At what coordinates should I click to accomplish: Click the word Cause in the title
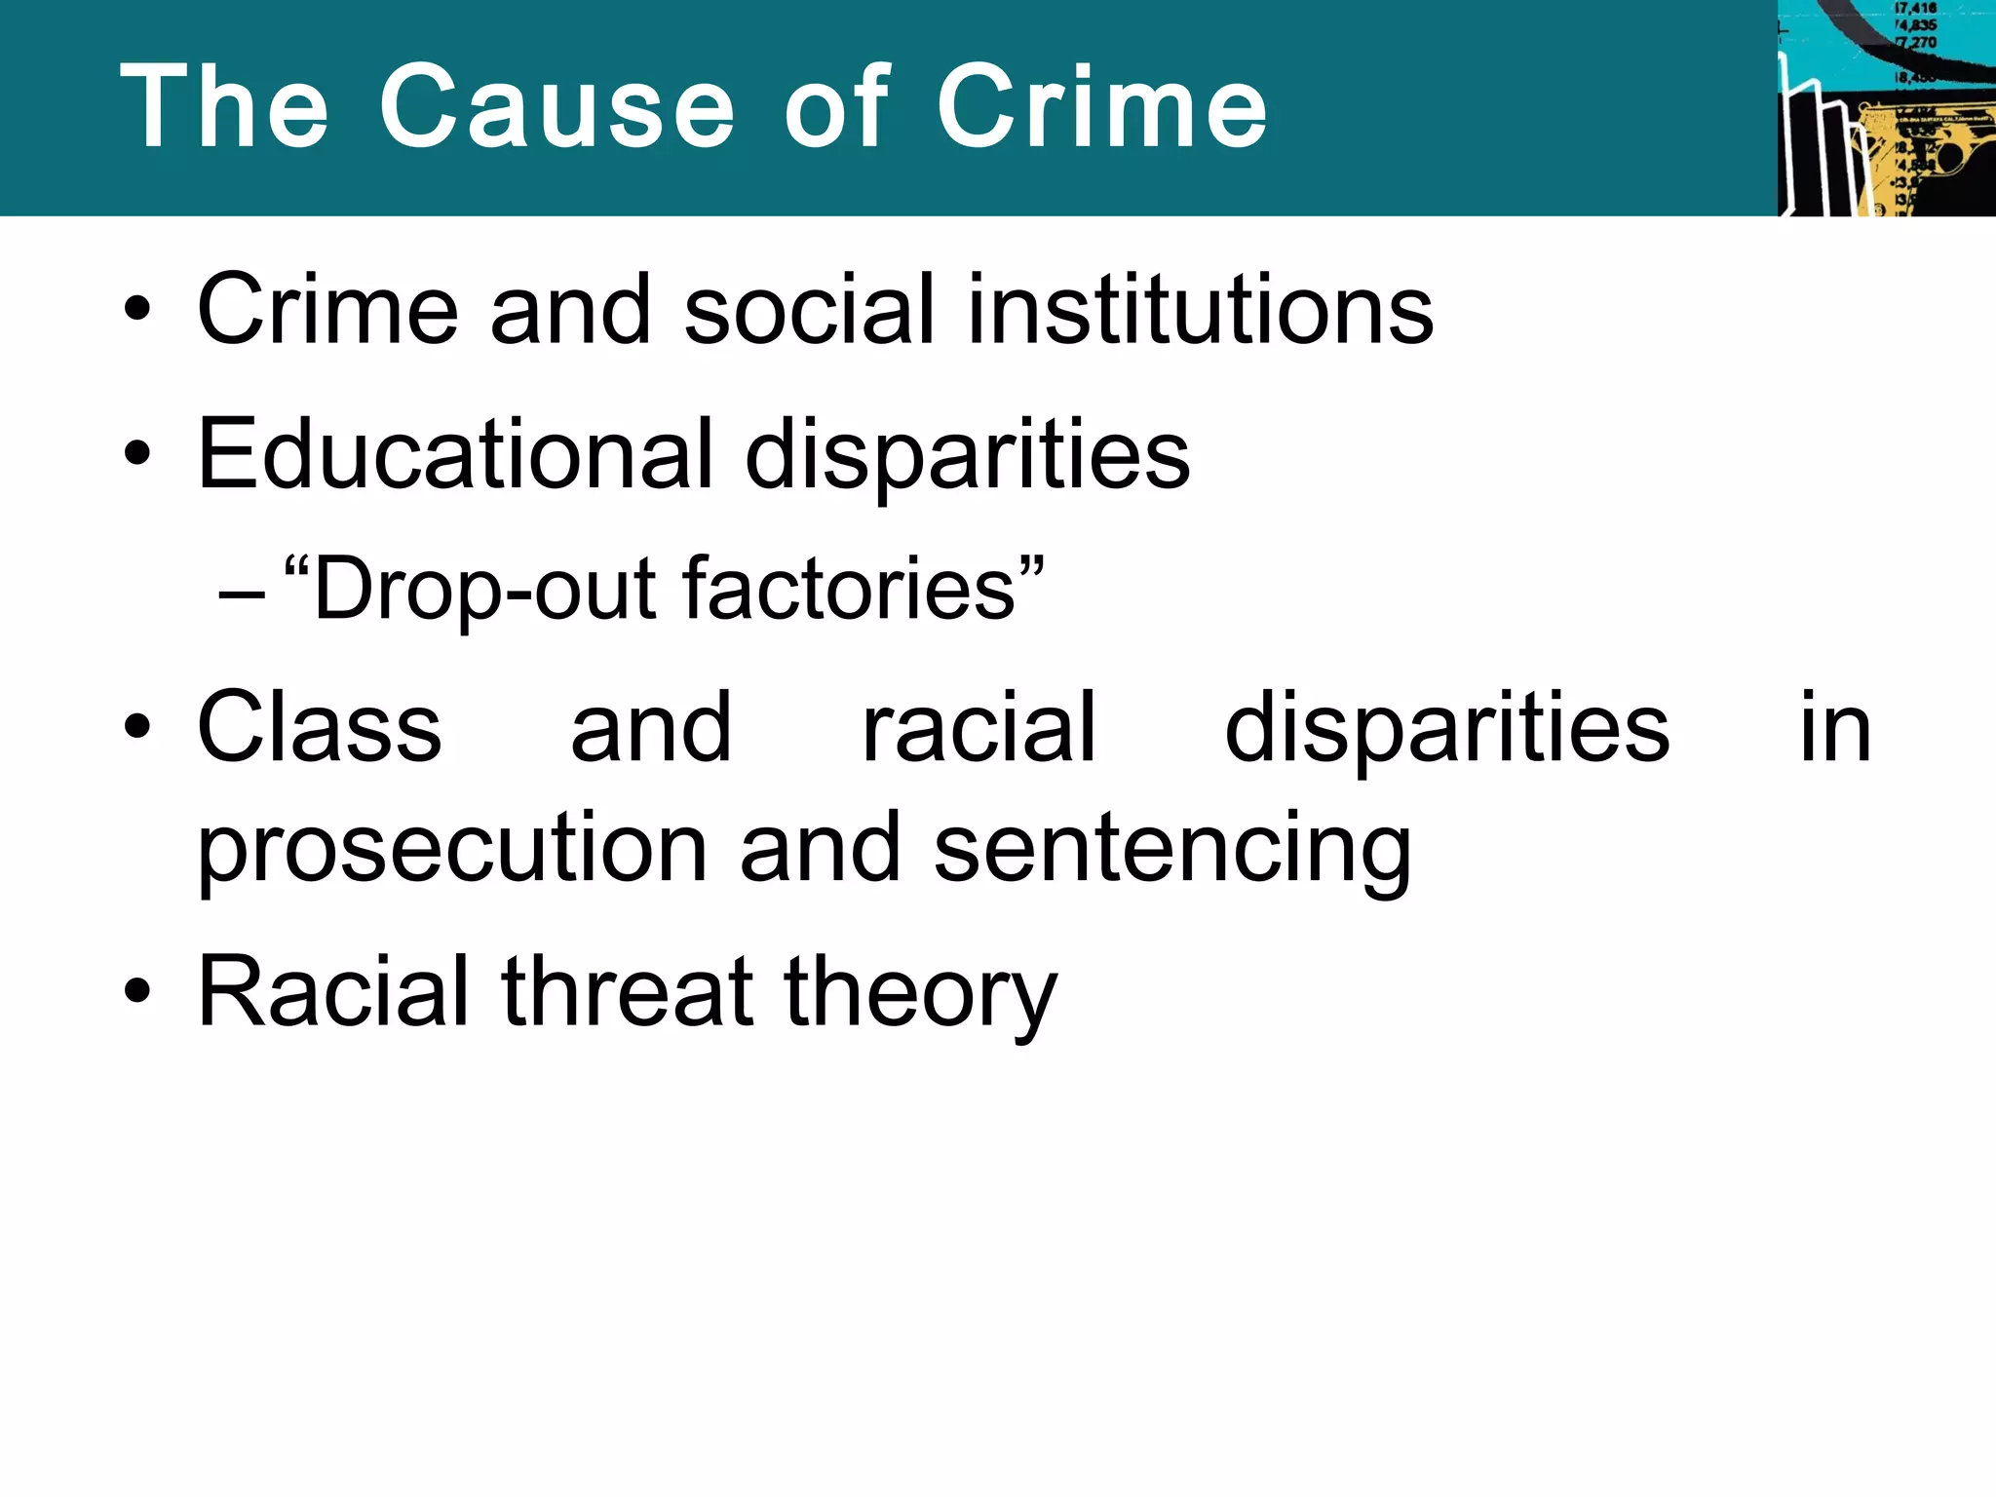(x=557, y=106)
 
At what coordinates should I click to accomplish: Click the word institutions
(x=1200, y=310)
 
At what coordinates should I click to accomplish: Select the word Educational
(x=455, y=454)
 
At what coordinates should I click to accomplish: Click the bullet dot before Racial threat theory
(x=137, y=991)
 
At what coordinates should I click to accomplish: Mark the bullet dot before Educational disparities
(x=137, y=453)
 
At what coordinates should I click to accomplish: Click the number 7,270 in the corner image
(x=1916, y=43)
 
